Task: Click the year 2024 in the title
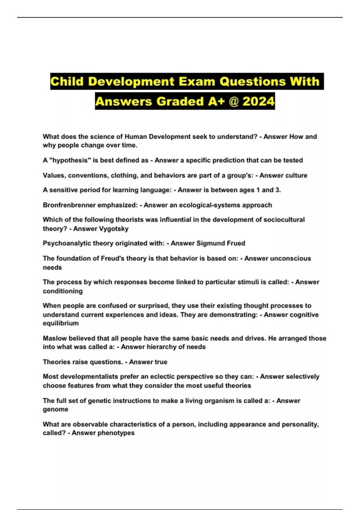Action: point(258,101)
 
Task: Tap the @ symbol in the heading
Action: point(233,101)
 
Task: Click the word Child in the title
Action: point(67,82)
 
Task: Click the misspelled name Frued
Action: point(235,243)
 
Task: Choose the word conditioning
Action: point(63,291)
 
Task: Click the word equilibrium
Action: point(61,323)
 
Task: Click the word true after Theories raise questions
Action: point(160,362)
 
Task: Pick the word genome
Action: point(55,409)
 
